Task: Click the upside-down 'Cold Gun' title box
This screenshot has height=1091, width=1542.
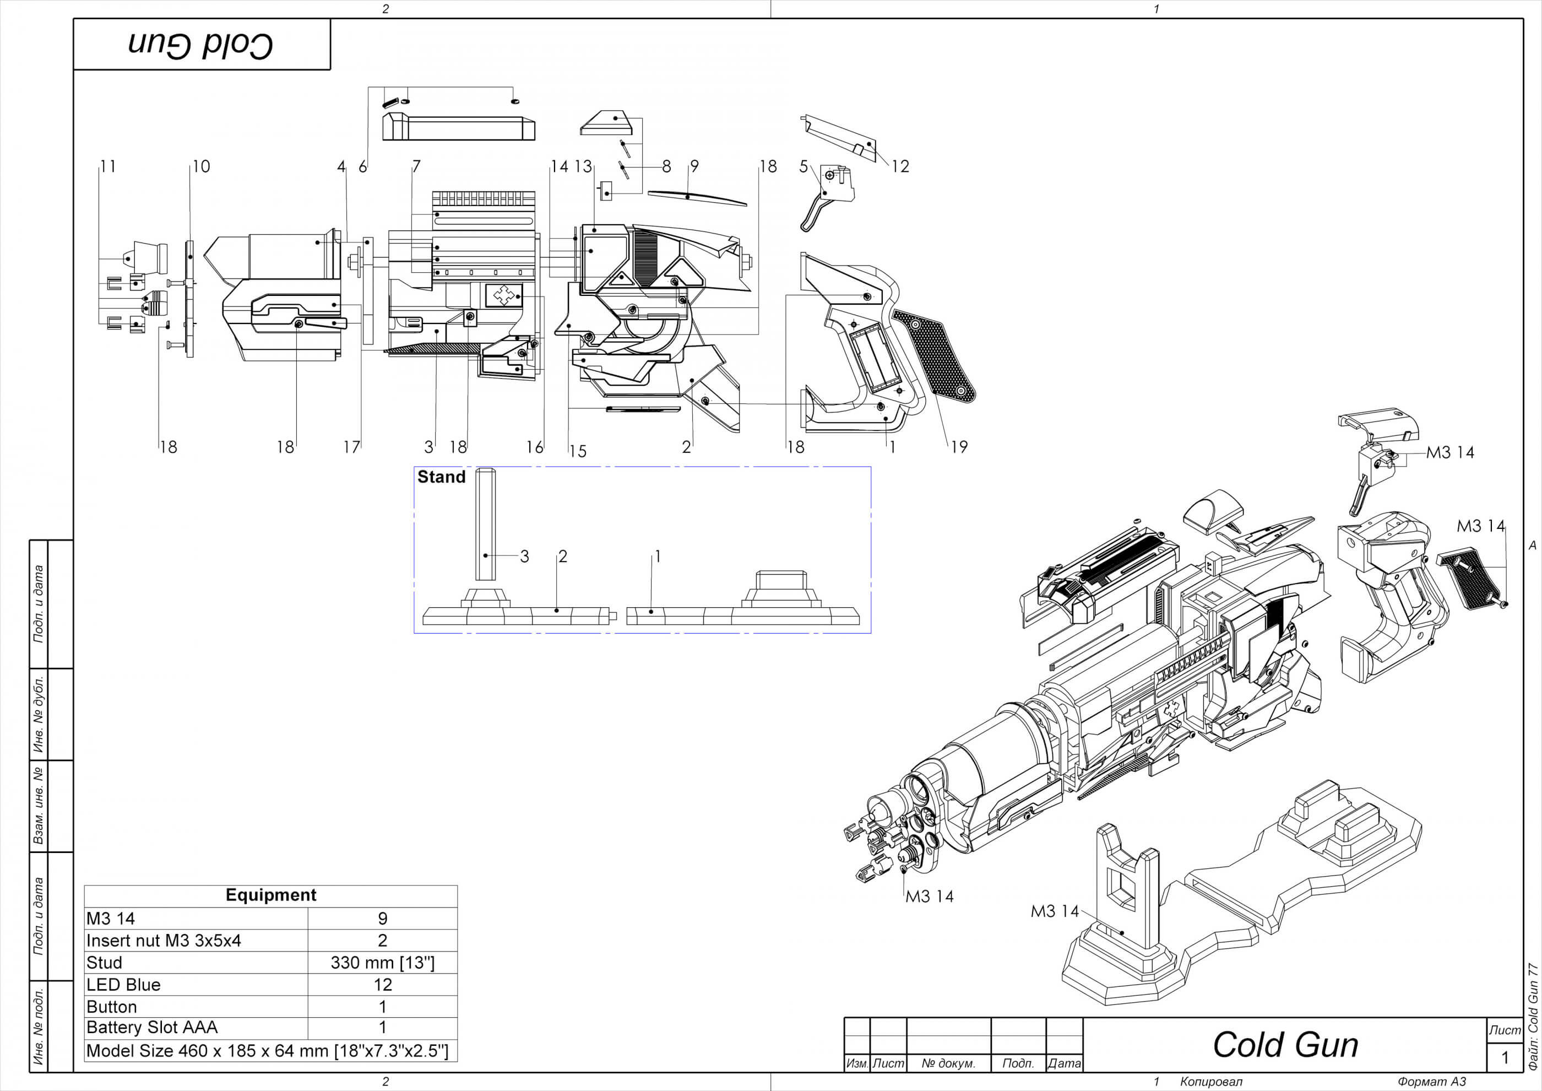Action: coord(202,44)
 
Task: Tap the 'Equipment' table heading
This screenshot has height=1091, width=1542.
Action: coord(270,895)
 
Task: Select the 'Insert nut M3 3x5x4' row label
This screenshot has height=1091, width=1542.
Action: coord(163,941)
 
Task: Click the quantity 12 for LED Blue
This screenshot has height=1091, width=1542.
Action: coord(382,985)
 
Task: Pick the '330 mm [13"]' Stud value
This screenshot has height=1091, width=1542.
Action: coord(382,963)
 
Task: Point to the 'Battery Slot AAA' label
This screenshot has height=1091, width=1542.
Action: coord(152,1027)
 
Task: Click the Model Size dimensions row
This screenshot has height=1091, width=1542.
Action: coord(267,1051)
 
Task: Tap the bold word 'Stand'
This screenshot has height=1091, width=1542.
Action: coord(441,477)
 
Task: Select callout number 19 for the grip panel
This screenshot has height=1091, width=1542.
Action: coord(959,447)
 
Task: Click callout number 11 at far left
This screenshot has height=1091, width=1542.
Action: coord(108,166)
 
